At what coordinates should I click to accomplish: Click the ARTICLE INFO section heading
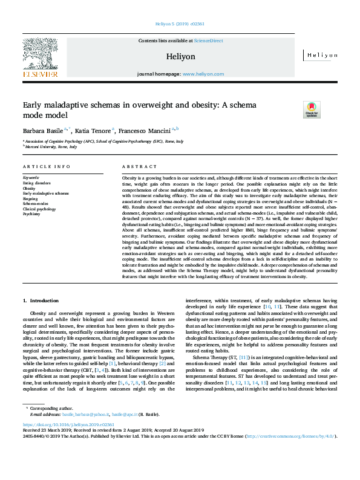(46, 166)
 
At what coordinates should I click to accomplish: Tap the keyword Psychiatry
(31, 213)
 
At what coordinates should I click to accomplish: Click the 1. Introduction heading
(41, 300)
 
